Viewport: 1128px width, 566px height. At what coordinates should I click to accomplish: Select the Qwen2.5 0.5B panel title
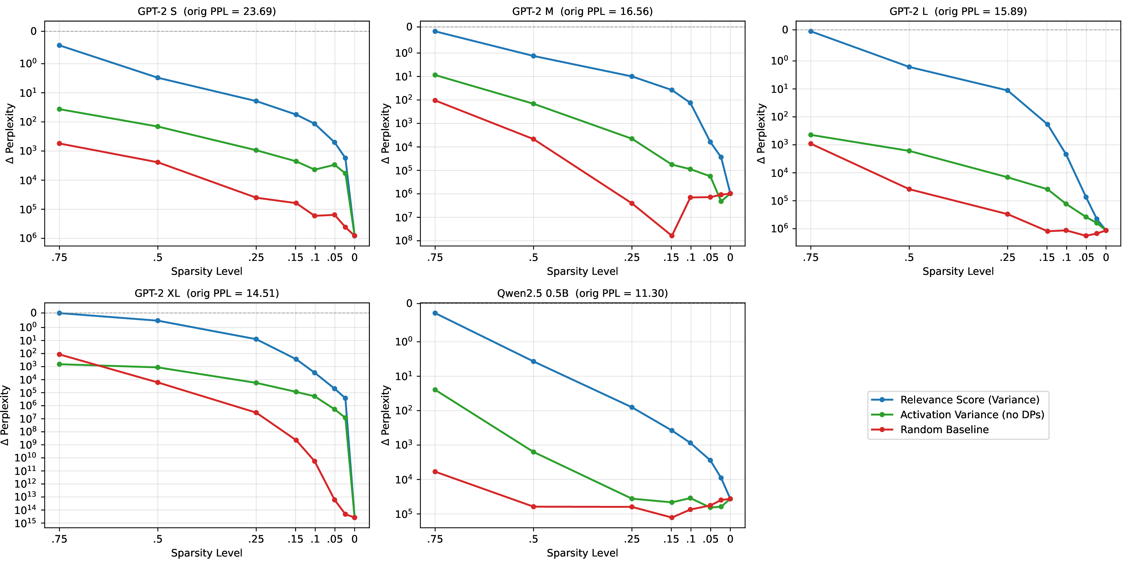tap(582, 293)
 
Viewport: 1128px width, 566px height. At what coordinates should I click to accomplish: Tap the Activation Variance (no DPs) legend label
tap(972, 415)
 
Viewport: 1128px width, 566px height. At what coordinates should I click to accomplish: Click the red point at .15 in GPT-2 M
tap(672, 236)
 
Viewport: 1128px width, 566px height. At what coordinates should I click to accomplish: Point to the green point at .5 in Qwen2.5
tap(533, 452)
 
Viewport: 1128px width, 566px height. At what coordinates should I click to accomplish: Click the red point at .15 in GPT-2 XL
tap(296, 440)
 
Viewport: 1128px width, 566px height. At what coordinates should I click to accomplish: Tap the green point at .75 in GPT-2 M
tap(435, 75)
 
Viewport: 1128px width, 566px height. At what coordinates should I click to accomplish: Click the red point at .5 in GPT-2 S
tap(158, 162)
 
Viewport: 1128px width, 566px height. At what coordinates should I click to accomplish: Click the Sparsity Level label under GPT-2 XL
tap(207, 553)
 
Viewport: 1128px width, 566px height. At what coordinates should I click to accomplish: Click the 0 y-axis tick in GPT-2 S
tap(34, 31)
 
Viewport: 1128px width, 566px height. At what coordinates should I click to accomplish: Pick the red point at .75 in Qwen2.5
tap(435, 472)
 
